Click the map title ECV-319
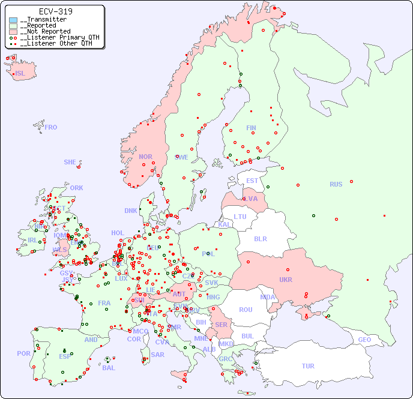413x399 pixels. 55,11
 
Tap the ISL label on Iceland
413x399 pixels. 20,74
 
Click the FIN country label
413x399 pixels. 251,128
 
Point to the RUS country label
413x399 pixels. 336,184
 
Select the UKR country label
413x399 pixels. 286,280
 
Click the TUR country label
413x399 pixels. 308,366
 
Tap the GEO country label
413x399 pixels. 364,340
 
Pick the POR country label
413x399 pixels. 23,353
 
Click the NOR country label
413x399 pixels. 145,157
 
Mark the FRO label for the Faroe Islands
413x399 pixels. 51,127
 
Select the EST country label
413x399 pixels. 252,181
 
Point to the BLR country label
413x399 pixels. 260,238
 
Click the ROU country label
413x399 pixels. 246,310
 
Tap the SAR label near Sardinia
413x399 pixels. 158,355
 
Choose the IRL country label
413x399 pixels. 32,240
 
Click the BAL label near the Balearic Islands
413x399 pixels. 109,368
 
